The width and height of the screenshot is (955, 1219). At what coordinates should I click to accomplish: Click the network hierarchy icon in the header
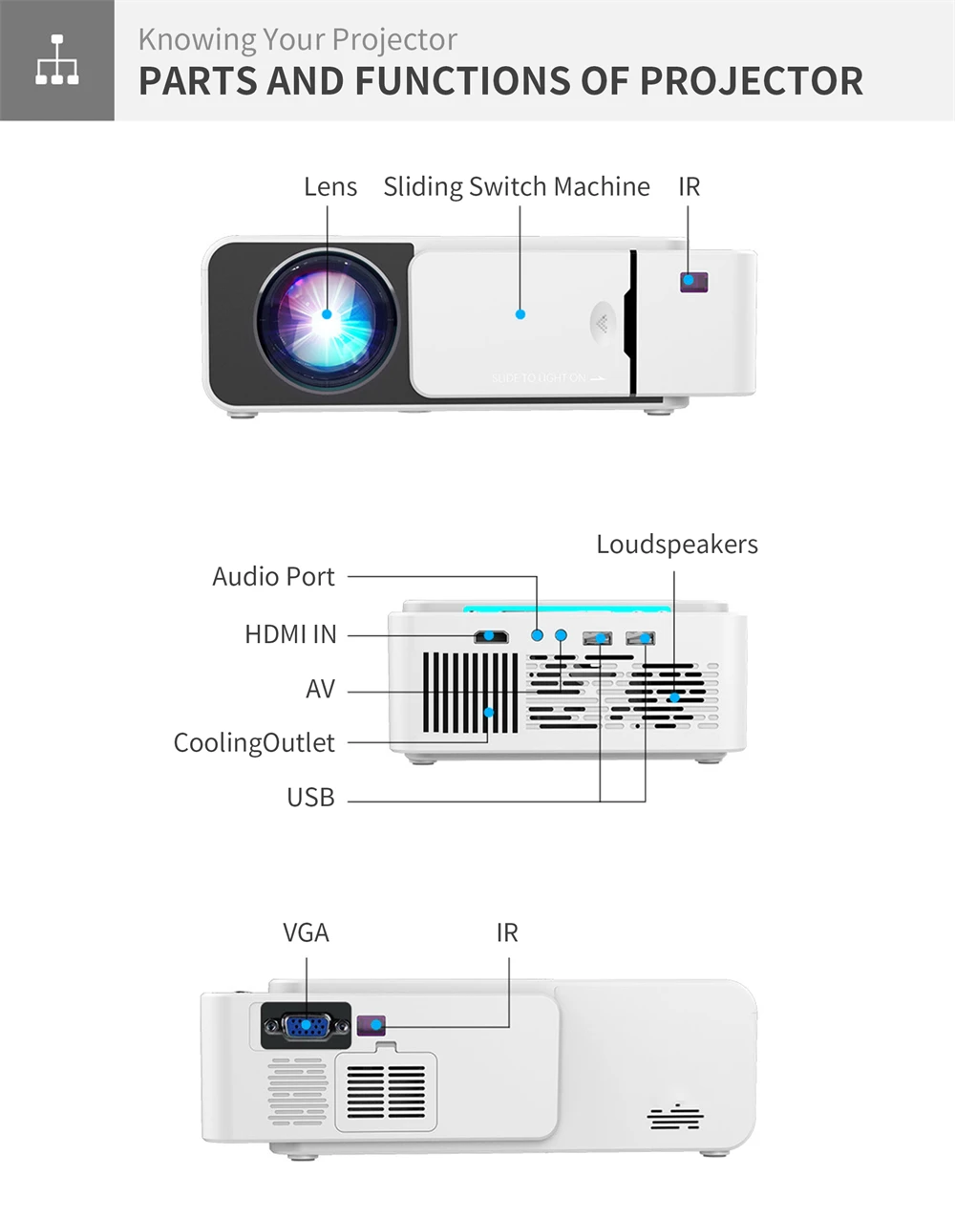pos(56,59)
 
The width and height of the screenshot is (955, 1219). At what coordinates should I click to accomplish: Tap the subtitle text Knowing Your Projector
pos(297,39)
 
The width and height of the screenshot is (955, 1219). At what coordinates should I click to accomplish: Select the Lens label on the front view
pos(330,186)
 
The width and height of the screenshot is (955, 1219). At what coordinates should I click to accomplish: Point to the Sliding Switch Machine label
pos(516,186)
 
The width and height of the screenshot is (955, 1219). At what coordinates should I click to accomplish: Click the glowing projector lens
pos(326,313)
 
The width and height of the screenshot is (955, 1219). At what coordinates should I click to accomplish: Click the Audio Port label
pos(273,577)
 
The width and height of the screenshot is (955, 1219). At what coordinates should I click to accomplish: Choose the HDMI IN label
pos(290,634)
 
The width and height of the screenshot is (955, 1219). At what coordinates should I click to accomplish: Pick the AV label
pos(320,689)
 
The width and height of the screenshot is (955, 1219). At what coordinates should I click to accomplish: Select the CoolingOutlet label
pos(254,743)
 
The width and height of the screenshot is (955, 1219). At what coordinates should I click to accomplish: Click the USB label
pos(310,797)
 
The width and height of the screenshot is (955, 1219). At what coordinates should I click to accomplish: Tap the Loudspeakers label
pos(676,545)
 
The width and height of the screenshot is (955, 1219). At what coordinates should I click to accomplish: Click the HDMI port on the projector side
pos(491,635)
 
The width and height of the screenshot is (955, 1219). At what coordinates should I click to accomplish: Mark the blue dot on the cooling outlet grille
pos(489,712)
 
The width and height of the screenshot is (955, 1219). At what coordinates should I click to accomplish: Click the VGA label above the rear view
pos(306,932)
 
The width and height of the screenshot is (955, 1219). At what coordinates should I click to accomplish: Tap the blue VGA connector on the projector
pos(306,1026)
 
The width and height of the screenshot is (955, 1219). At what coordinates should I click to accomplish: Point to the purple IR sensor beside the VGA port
pos(371,1026)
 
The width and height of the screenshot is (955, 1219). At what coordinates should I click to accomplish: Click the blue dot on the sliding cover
pos(520,313)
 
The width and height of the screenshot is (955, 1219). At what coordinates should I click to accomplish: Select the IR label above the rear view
pos(506,932)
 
